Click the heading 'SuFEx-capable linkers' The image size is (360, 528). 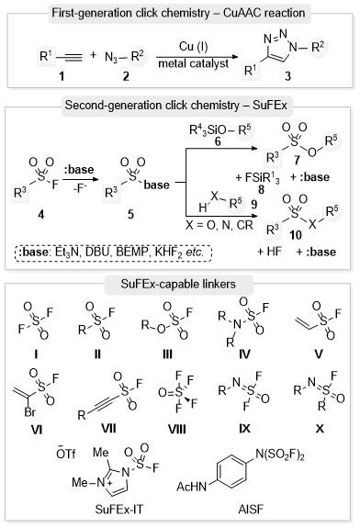178,284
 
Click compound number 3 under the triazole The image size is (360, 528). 287,76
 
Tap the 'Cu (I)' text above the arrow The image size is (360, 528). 193,46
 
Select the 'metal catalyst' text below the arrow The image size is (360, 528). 193,63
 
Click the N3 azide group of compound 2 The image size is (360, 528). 111,57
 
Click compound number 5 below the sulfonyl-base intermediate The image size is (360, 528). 130,214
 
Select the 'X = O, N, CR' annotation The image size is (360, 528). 219,225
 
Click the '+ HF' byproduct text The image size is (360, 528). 269,252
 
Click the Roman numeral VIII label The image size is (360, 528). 177,429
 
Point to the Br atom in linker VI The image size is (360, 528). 30,411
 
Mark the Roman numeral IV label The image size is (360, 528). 245,354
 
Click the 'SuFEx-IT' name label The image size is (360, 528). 118,509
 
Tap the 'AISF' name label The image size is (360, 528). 251,509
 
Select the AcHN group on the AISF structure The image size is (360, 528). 192,487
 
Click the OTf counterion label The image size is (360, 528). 66,454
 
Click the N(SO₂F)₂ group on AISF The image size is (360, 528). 280,455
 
